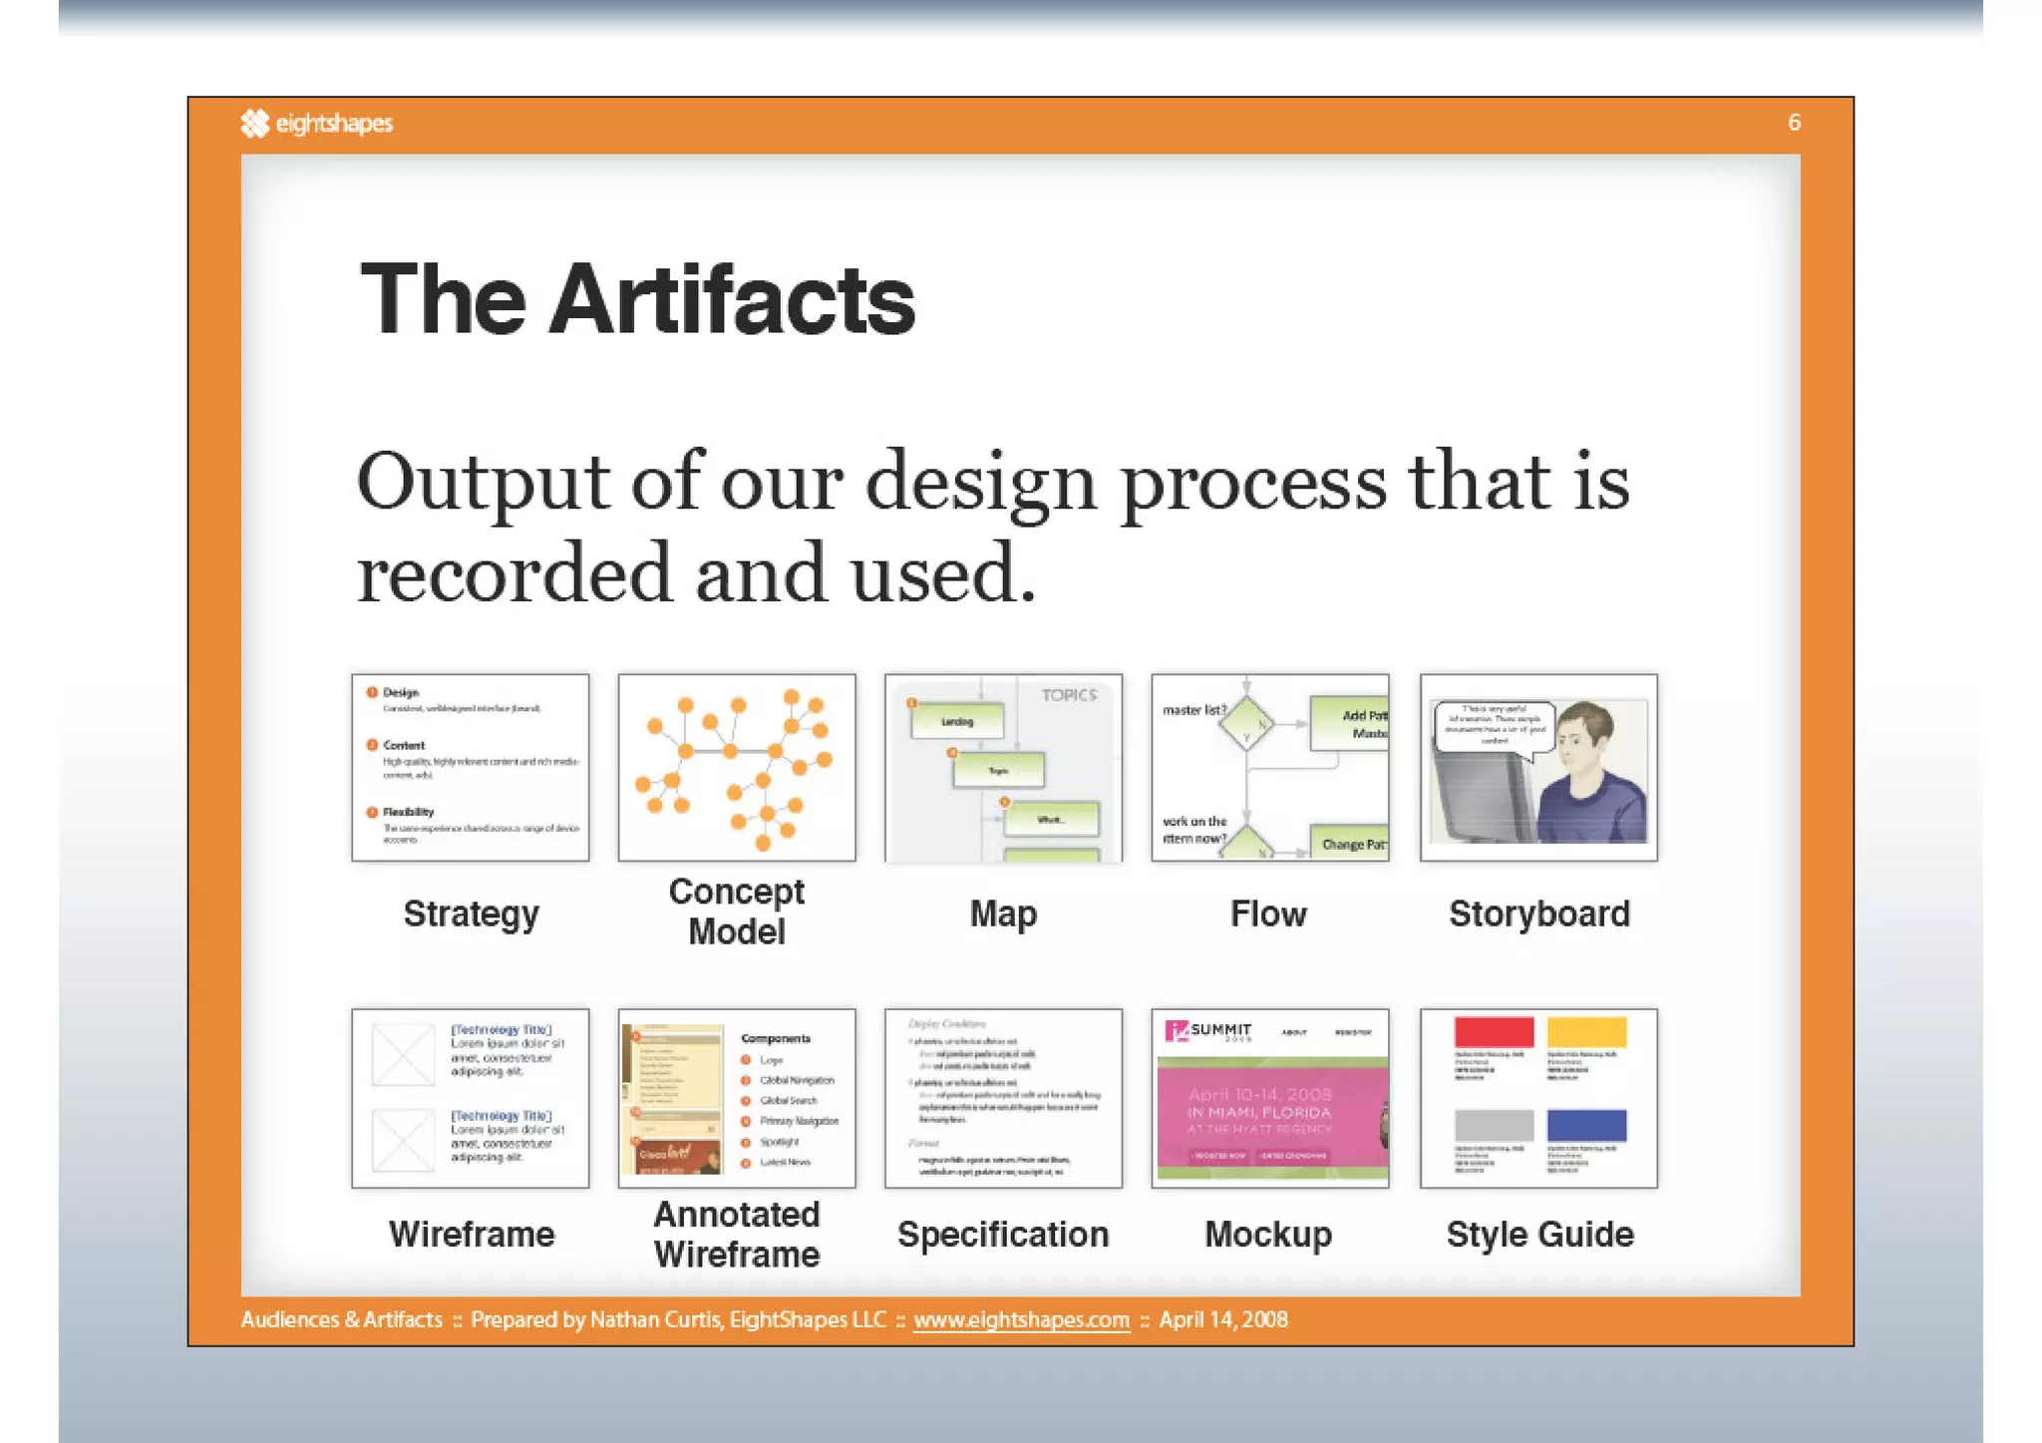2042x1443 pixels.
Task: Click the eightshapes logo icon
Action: pos(255,123)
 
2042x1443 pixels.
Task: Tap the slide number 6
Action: pos(1794,123)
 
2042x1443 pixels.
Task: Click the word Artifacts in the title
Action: pos(732,299)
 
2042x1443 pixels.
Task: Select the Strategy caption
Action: pos(471,913)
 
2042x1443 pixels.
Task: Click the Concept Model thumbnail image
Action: pos(737,767)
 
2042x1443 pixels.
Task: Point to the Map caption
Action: pos(1003,913)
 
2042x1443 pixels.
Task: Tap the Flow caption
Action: pos(1268,913)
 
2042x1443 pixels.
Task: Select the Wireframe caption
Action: pos(471,1235)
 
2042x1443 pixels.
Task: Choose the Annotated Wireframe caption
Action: pos(737,1235)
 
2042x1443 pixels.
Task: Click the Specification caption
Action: pos(1003,1235)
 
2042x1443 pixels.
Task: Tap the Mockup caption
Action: pos(1268,1235)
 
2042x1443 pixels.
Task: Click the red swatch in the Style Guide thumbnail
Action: pos(1494,1031)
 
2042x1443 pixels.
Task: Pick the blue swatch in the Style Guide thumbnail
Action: pos(1586,1125)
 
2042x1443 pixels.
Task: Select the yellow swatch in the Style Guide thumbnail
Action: pos(1586,1031)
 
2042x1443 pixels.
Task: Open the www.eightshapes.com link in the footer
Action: pos(1021,1319)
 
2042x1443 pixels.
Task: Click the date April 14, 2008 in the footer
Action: pos(1223,1319)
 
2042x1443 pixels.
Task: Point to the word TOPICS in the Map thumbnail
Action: pos(1069,695)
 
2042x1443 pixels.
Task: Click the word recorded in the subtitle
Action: pos(514,573)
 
